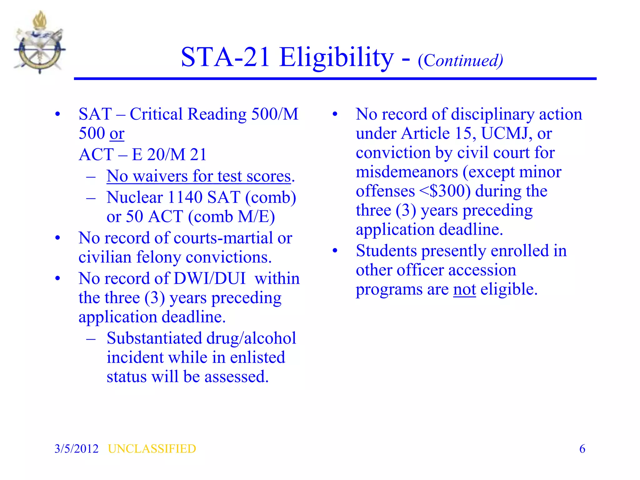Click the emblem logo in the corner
pyautogui.click(x=39, y=42)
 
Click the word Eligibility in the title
pyautogui.click(x=337, y=57)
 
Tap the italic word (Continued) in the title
pyautogui.click(x=460, y=60)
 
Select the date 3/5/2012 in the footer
pyautogui.click(x=77, y=449)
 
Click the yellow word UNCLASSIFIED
pyautogui.click(x=152, y=449)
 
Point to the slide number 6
pyautogui.click(x=582, y=449)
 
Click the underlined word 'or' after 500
pyautogui.click(x=117, y=133)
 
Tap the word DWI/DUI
pyautogui.click(x=210, y=278)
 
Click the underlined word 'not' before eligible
pyautogui.click(x=464, y=289)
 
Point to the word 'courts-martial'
pyautogui.click(x=223, y=238)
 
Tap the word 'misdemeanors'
pyautogui.click(x=407, y=172)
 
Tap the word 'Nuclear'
pyautogui.click(x=135, y=197)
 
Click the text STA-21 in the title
pyautogui.click(x=225, y=57)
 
